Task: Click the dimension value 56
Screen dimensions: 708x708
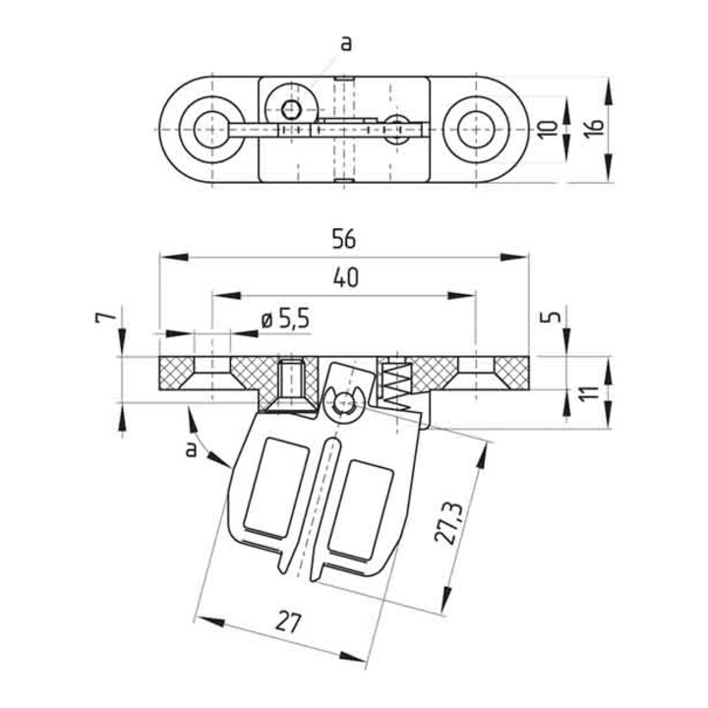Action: [344, 239]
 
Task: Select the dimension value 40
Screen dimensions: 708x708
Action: [346, 277]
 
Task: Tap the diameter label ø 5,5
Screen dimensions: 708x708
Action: [285, 320]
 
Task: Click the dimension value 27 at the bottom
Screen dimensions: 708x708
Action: [288, 621]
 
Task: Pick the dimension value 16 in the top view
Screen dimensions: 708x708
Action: [596, 129]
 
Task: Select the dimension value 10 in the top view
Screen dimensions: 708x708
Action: [548, 130]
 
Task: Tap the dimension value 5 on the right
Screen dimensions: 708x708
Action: [551, 317]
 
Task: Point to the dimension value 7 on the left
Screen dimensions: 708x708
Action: [105, 318]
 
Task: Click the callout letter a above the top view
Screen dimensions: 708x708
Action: [345, 44]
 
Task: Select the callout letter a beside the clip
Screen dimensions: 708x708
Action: [192, 449]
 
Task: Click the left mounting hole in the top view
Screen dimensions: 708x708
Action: [211, 130]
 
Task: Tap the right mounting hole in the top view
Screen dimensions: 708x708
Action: [476, 130]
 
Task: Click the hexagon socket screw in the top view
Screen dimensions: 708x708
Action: [291, 109]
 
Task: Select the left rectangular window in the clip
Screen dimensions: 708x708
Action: [276, 487]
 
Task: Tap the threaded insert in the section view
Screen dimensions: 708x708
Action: [291, 382]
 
